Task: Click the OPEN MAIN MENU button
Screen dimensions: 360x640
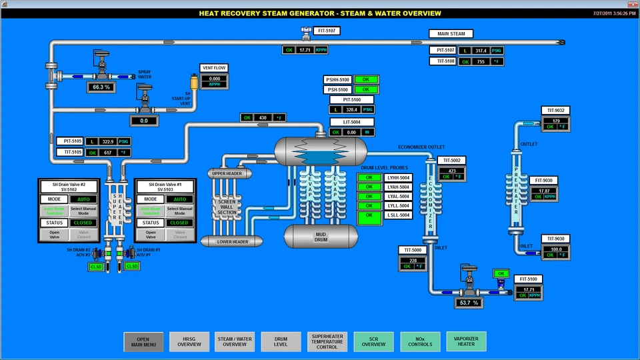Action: [x=143, y=341]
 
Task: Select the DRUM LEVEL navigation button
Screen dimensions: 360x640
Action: [x=281, y=341]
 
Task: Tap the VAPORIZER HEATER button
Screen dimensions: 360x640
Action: [x=466, y=341]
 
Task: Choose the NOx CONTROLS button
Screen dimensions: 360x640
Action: [x=419, y=341]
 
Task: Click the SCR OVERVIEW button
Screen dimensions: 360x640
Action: [x=373, y=341]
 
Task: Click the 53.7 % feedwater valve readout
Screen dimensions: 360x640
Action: [x=470, y=303]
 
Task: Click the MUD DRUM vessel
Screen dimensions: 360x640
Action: [x=317, y=235]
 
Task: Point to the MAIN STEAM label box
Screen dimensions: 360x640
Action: [x=451, y=33]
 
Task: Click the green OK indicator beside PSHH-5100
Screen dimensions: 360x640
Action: [x=366, y=79]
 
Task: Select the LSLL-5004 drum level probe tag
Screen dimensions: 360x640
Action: [x=398, y=215]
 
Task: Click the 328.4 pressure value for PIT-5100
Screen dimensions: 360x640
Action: [x=352, y=109]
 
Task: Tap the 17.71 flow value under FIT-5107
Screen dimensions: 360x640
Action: [x=305, y=50]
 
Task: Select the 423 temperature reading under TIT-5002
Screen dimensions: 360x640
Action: [x=451, y=170]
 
